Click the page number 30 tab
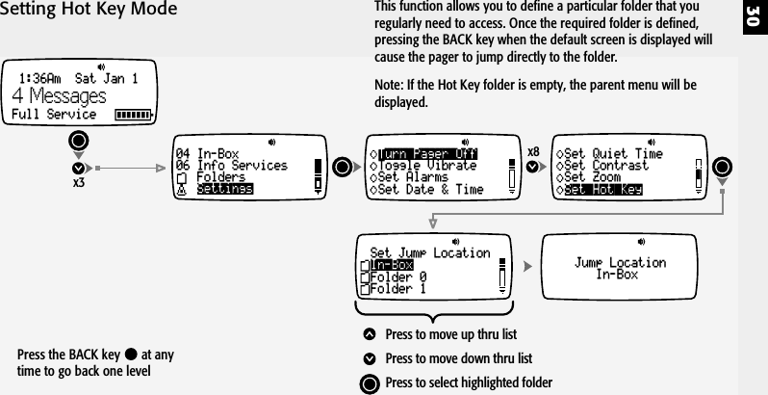tap(753, 19)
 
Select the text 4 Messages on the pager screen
tap(58, 97)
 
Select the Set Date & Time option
tap(430, 190)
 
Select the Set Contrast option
tap(605, 166)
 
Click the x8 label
tap(533, 150)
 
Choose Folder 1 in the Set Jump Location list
tap(398, 288)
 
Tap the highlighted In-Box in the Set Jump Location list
tap(392, 265)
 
